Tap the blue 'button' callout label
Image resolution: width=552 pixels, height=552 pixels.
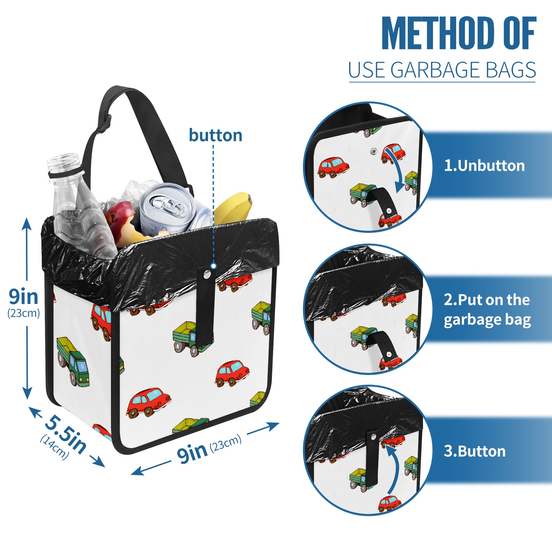pyautogui.click(x=215, y=135)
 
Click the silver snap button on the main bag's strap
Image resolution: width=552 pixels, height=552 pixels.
pyautogui.click(x=207, y=275)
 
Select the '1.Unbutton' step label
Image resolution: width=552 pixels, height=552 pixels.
pyautogui.click(x=484, y=166)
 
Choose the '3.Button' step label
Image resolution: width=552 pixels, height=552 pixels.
pyautogui.click(x=474, y=451)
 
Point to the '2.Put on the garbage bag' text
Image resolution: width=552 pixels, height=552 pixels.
pyautogui.click(x=487, y=310)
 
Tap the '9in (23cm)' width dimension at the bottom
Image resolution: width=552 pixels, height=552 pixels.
pyautogui.click(x=208, y=448)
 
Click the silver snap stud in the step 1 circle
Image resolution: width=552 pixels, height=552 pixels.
pyautogui.click(x=373, y=151)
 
